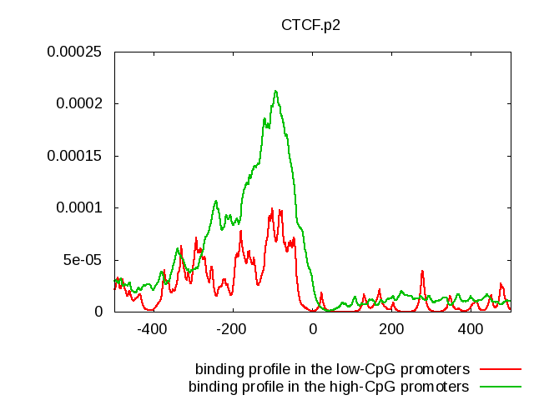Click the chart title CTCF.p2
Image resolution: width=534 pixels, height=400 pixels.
[x=310, y=25]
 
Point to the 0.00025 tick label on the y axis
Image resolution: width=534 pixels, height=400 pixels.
[x=73, y=52]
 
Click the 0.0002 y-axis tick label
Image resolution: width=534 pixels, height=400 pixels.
[x=78, y=104]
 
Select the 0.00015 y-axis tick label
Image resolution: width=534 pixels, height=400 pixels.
[x=73, y=156]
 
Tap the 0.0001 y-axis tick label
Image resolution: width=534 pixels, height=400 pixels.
[x=78, y=207]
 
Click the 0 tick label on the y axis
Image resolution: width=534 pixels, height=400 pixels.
[x=98, y=312]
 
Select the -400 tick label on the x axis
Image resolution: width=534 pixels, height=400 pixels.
[x=152, y=328]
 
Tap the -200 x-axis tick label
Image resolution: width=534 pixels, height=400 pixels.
[x=232, y=328]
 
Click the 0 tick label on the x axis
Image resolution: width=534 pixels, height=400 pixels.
[x=313, y=328]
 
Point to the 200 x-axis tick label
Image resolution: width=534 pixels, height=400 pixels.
[x=390, y=328]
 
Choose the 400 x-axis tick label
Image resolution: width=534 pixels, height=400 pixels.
[x=470, y=328]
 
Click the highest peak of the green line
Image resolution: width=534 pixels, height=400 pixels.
[x=275, y=91]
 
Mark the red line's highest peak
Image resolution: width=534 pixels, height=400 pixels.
[x=273, y=208]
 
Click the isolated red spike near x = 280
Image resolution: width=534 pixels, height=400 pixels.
[x=423, y=271]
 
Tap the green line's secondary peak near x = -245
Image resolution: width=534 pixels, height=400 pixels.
[x=215, y=201]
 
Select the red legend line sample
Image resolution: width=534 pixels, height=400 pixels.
[x=501, y=368]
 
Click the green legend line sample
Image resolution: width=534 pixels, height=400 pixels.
[x=501, y=386]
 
